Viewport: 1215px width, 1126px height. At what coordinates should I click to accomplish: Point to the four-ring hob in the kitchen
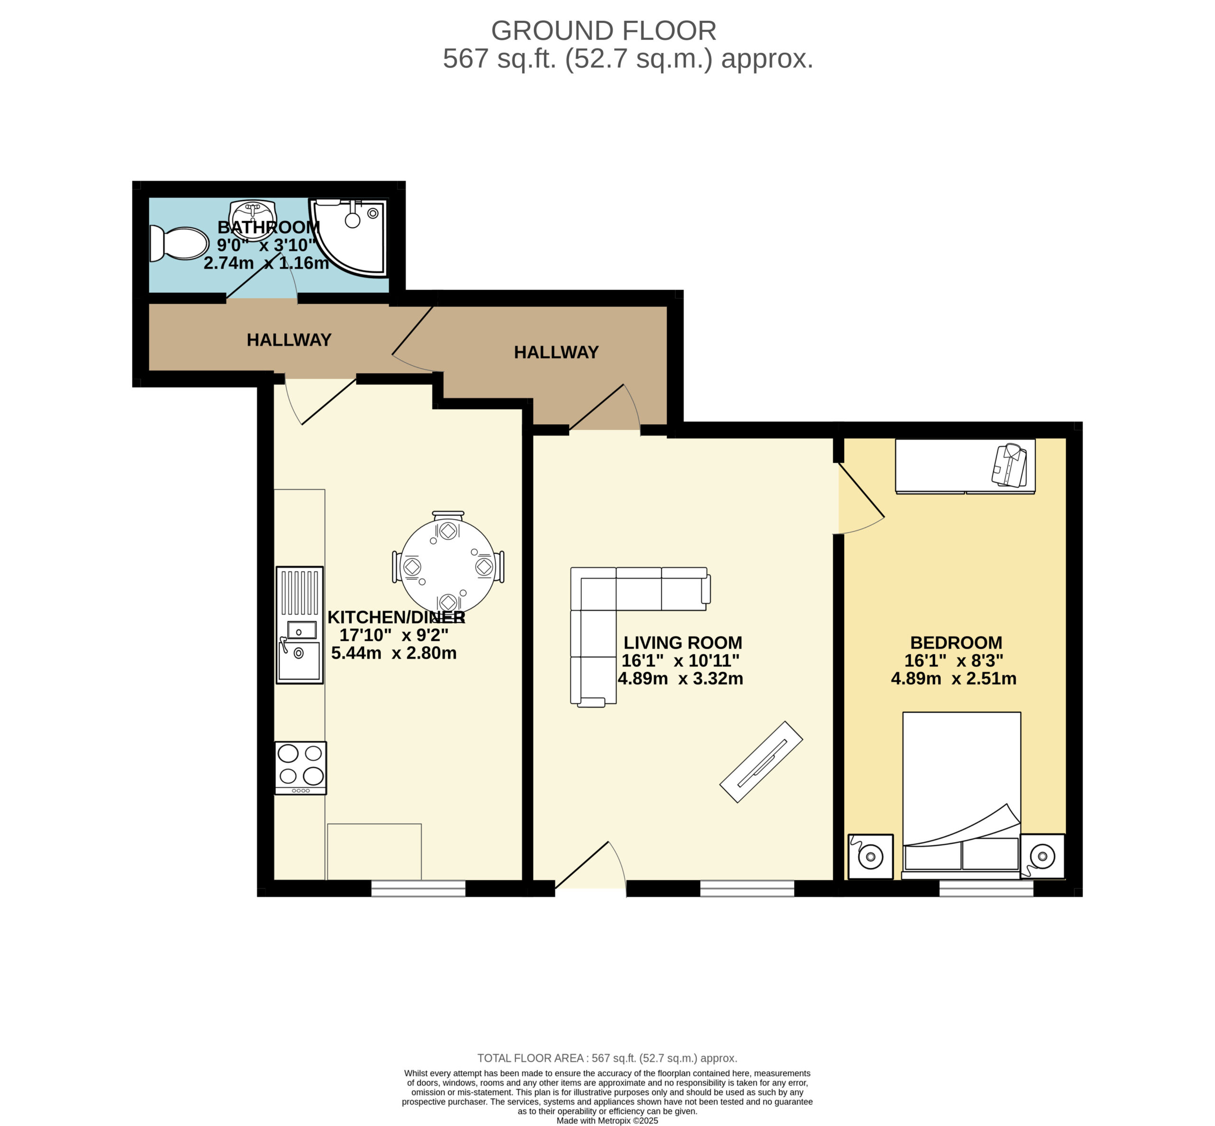(300, 768)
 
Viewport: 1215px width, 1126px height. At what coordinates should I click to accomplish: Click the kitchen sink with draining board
(299, 624)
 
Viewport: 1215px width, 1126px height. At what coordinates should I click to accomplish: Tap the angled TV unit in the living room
(761, 762)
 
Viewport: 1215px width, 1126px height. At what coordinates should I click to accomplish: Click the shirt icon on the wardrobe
(1009, 465)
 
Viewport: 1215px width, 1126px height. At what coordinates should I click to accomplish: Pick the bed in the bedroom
(961, 795)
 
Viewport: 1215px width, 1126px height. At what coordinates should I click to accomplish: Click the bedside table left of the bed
(870, 856)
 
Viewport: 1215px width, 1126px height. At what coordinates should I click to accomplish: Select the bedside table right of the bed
(1043, 856)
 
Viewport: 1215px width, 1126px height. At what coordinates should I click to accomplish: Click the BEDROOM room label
(955, 642)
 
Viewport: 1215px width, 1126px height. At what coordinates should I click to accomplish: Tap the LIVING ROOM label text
(682, 642)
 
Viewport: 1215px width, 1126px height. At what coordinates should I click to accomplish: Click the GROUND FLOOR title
(603, 30)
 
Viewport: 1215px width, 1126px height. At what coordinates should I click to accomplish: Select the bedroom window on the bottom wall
(986, 888)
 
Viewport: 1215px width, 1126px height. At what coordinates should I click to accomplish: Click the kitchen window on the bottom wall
(418, 888)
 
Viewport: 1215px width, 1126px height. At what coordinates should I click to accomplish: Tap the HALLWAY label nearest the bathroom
(289, 339)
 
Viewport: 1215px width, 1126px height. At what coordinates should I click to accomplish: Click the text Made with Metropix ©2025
(607, 1120)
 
